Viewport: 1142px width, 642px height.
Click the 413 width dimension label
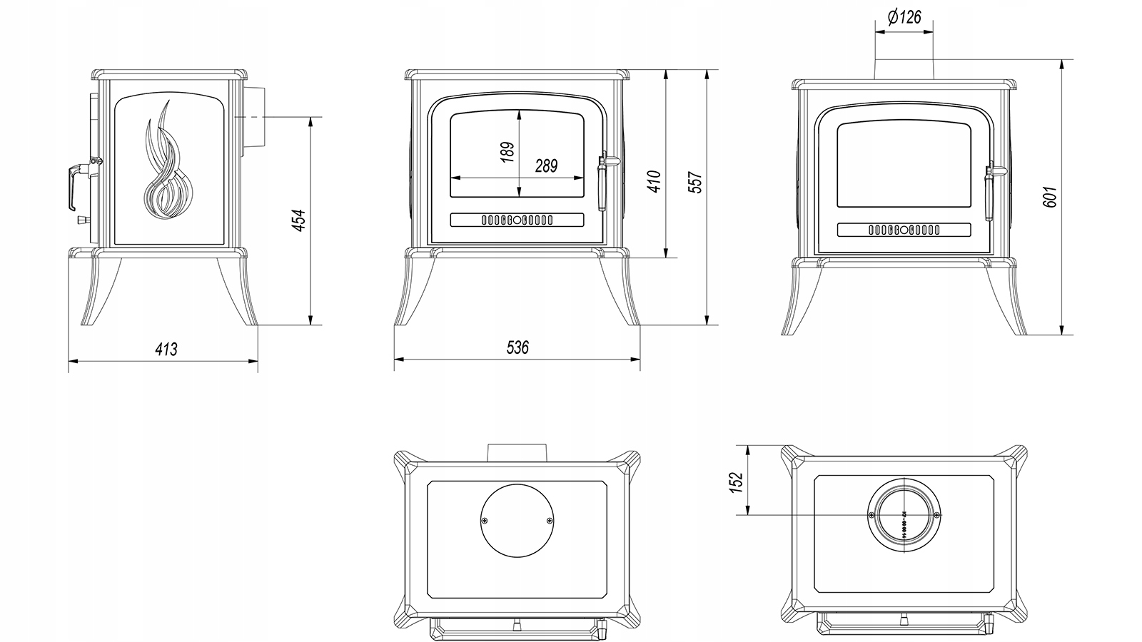[x=166, y=349]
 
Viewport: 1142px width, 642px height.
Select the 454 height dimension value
[x=300, y=220]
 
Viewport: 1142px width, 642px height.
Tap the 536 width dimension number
[x=517, y=347]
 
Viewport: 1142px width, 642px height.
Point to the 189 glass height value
[x=507, y=152]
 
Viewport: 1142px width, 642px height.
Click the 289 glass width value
[x=546, y=166]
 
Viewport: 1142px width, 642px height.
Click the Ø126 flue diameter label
[x=904, y=18]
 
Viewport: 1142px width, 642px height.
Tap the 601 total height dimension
[x=1049, y=197]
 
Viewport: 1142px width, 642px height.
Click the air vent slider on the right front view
[x=904, y=230]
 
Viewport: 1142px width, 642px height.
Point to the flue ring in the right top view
[x=904, y=516]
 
